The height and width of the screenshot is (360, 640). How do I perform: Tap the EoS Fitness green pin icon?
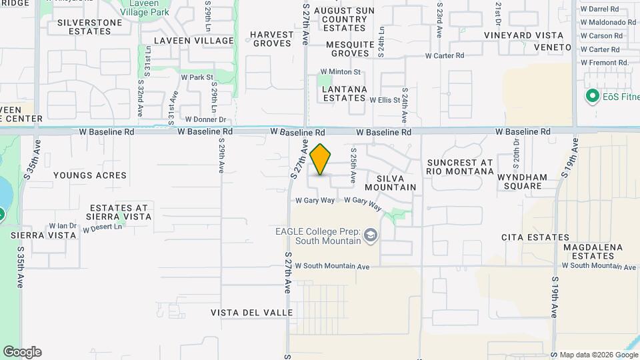click(591, 97)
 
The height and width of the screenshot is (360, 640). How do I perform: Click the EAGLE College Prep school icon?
click(371, 235)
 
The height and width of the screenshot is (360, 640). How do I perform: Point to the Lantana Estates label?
click(344, 93)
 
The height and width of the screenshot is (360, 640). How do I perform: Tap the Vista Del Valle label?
click(251, 313)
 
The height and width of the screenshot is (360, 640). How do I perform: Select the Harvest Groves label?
click(271, 39)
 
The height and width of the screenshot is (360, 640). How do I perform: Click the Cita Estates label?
click(527, 237)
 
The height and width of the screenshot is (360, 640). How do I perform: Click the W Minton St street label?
click(340, 72)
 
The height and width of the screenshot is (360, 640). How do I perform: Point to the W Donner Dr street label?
click(207, 120)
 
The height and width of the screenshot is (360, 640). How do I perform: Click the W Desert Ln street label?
click(103, 228)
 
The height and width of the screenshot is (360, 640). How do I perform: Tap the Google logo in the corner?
click(22, 352)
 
